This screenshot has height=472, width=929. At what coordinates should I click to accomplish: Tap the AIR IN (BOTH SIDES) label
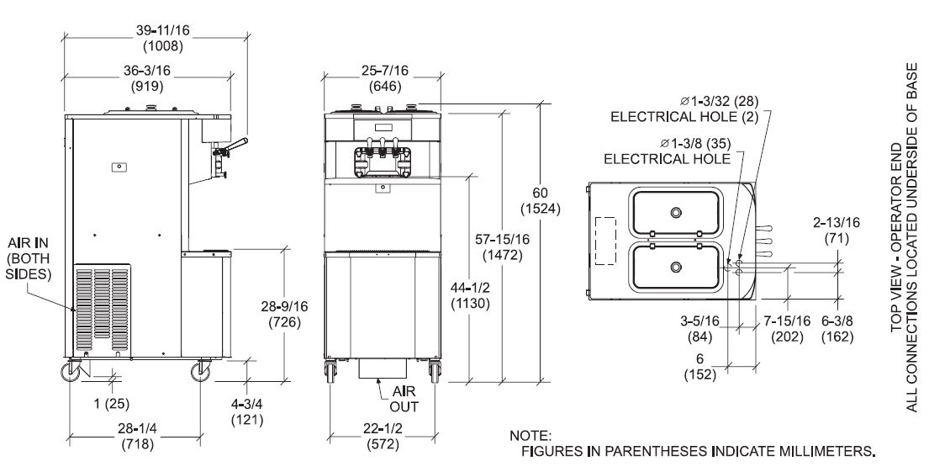pos(28,258)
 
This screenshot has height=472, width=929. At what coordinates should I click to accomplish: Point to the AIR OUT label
pos(404,399)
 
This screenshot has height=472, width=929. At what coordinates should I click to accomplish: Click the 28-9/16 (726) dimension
pos(284,315)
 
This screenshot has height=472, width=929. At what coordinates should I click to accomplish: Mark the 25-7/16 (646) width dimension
pos(385,78)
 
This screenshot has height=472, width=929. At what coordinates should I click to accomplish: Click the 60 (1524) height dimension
pos(540,201)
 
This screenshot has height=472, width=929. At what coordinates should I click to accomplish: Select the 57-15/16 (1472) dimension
pos(503,247)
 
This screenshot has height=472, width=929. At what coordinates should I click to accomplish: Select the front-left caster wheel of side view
pos(71,372)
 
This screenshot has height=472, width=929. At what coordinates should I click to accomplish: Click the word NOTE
pos(530,436)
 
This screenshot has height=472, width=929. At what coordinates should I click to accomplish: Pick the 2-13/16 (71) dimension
pos(837,231)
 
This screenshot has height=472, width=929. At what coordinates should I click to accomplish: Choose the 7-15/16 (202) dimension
pos(787,329)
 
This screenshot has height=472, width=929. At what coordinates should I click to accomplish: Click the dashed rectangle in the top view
pos(605,241)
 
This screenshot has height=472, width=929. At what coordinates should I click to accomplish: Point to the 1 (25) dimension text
pos(111,404)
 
